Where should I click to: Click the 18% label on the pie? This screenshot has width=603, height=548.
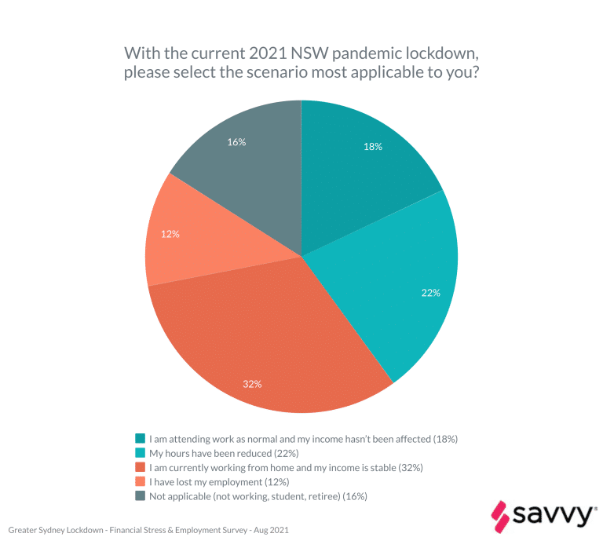pos(373,147)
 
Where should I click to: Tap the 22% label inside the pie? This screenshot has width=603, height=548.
pos(430,293)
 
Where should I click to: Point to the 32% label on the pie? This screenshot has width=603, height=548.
pos(252,384)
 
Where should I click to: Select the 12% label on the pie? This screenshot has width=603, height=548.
pos(170,234)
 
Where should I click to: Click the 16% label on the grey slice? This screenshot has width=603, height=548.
pos(236,142)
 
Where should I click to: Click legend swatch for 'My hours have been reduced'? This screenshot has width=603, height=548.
pos(140,453)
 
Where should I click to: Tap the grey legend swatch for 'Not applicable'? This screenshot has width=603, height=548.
pos(140,496)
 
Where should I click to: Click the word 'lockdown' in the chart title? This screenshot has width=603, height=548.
pos(444,54)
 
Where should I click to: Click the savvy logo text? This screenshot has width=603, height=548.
pos(553,515)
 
